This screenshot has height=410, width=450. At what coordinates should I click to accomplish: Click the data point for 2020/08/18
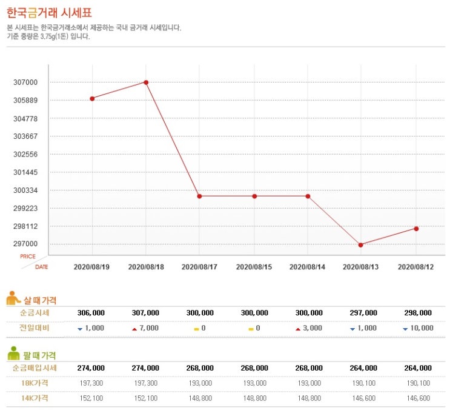146,82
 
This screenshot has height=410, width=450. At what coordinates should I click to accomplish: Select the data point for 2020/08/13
361,244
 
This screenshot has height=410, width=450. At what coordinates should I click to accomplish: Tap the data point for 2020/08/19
92,98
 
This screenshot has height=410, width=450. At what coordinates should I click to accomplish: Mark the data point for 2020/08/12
416,229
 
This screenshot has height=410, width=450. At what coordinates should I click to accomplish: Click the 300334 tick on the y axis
25,190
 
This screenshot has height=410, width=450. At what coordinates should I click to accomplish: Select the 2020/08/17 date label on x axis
200,266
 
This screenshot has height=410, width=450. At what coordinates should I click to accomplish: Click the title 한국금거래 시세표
50,13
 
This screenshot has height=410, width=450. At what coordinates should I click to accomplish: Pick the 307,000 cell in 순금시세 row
145,312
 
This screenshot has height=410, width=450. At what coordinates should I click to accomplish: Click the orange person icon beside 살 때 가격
13,298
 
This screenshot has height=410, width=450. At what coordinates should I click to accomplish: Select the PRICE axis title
28,257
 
